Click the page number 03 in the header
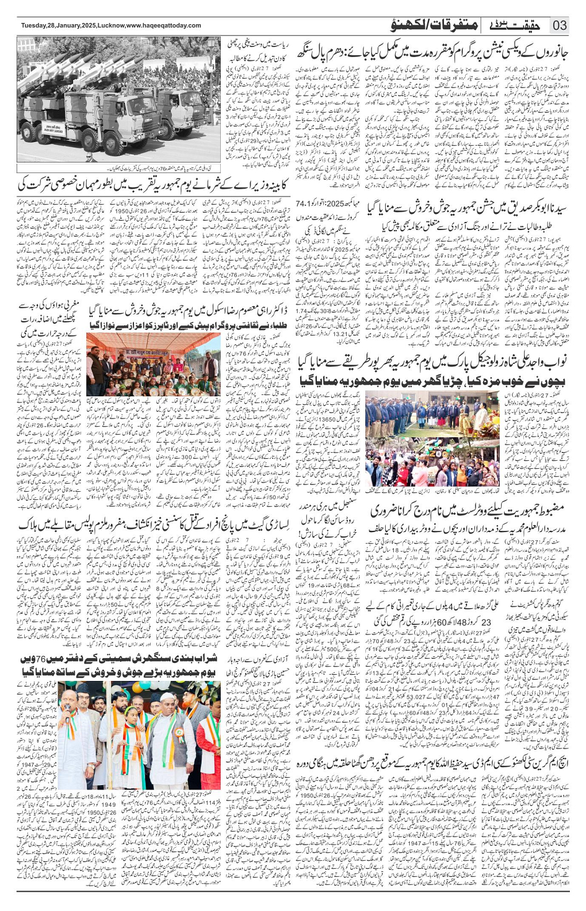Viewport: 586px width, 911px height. tap(560, 25)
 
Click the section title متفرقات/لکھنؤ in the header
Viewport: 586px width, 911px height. tap(434, 25)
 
